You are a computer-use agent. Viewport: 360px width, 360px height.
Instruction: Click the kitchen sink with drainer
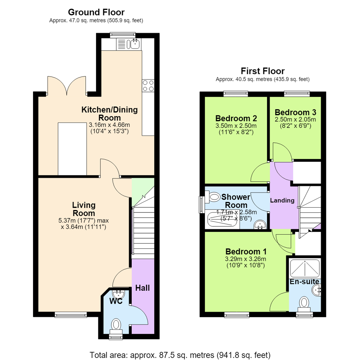coord(129,44)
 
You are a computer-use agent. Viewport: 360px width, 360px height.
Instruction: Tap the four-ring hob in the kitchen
coord(148,86)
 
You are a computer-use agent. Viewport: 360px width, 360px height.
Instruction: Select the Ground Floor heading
coord(96,12)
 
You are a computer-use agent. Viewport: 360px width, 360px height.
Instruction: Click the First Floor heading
coord(263,71)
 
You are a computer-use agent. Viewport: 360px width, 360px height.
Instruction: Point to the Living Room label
coord(84,209)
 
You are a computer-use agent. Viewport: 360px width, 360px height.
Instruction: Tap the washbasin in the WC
coord(118,293)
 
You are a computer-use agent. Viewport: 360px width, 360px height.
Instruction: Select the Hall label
coord(142,288)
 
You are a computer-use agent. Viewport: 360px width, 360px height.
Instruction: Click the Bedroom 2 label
coord(236,118)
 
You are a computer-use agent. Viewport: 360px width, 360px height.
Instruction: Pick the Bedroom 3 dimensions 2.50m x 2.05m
coord(295,119)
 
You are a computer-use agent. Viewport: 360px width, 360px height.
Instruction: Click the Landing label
coord(282,200)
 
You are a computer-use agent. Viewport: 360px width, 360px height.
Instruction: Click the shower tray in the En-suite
coord(305,268)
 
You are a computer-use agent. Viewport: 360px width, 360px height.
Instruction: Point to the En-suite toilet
coord(304,304)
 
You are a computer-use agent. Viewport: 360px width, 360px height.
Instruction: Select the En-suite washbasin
coord(316,290)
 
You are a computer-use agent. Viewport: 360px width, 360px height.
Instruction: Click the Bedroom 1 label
coord(246,251)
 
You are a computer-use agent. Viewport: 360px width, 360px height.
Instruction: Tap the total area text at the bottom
coord(180,355)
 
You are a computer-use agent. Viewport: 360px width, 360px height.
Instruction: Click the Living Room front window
coord(71,315)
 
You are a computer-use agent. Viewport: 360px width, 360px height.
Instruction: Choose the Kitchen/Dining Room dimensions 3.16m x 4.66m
coord(109,125)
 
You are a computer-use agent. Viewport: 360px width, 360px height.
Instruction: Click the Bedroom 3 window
coord(297,94)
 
